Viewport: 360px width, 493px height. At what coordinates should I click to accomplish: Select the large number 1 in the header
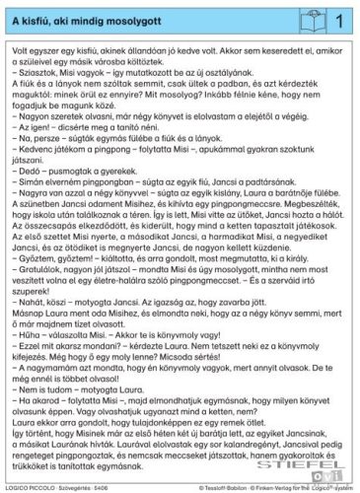tap(338, 19)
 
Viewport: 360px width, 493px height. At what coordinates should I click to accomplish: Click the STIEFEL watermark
tap(326, 402)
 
